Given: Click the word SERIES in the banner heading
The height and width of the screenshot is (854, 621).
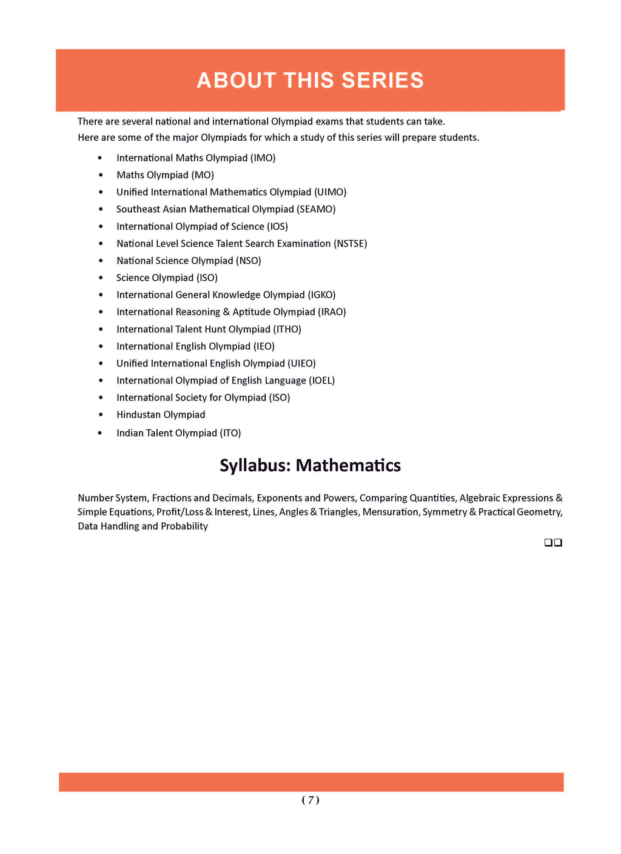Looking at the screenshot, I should click(x=382, y=80).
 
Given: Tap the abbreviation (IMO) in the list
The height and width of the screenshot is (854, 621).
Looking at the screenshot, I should click(x=263, y=158).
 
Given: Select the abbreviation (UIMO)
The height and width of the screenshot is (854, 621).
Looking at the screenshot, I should click(x=330, y=192).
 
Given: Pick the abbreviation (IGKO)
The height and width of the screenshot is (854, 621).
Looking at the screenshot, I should click(x=321, y=295).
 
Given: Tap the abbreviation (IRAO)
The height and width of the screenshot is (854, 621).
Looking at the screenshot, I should click(x=332, y=312).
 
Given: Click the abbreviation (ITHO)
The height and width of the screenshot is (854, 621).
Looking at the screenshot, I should click(x=287, y=329).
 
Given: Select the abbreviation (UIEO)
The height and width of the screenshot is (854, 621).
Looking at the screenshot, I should click(x=301, y=363).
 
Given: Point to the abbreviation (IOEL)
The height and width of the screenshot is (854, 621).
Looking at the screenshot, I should click(x=321, y=380).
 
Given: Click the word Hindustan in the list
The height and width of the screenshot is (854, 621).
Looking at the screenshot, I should click(x=138, y=415).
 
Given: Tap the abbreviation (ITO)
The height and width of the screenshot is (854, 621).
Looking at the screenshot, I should click(x=230, y=433).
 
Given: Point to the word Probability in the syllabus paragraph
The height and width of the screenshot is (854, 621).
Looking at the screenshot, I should click(x=184, y=526).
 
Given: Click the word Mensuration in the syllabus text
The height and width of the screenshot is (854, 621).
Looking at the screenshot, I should click(x=390, y=512).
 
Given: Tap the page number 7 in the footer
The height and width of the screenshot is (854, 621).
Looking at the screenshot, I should click(x=310, y=800).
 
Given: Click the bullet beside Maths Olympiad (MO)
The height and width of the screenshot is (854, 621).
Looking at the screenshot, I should click(x=101, y=175).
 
